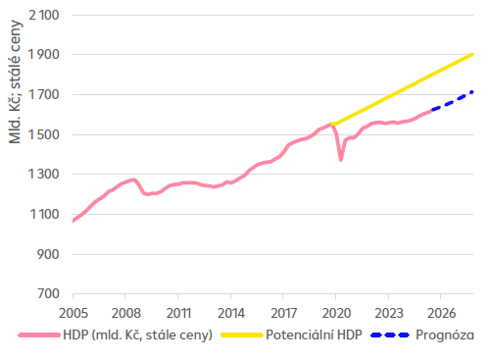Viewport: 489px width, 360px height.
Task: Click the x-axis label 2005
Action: pyautogui.click(x=73, y=314)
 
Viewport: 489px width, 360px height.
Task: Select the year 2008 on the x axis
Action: pyautogui.click(x=124, y=314)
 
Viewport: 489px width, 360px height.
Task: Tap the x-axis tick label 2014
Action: pyautogui.click(x=230, y=314)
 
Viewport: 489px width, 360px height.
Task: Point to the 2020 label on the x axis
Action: pyautogui.click(x=335, y=314)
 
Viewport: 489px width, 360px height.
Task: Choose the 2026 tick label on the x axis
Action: pyautogui.click(x=440, y=314)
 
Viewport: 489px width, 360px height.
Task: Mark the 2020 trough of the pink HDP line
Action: pyautogui.click(x=341, y=159)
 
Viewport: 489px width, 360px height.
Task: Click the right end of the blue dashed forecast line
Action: pyautogui.click(x=473, y=92)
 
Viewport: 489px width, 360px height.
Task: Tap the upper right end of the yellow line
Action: pyautogui.click(x=473, y=54)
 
